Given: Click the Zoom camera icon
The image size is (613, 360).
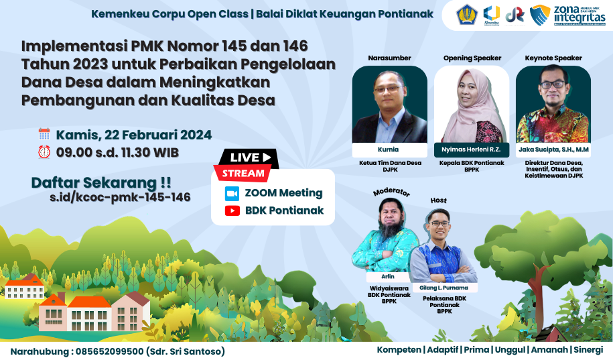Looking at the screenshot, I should click(x=232, y=193).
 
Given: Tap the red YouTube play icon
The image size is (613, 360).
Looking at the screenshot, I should click(x=232, y=211).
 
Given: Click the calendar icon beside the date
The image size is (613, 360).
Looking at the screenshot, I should click(x=44, y=133).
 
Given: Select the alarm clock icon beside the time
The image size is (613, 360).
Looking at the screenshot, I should click(x=44, y=152).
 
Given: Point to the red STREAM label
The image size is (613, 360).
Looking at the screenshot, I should click(x=242, y=173).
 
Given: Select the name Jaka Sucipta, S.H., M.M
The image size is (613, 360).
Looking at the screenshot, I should click(x=553, y=149).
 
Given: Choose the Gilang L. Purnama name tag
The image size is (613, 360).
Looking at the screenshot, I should click(x=444, y=288).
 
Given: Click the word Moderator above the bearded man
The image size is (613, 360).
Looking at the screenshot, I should click(x=391, y=192).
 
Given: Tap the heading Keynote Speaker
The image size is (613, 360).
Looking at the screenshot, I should click(x=553, y=58).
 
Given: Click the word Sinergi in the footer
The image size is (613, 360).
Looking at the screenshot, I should click(x=589, y=349).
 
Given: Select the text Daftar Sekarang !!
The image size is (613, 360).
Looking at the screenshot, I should click(x=101, y=182).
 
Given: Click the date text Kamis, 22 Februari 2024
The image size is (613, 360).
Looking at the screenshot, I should click(x=134, y=134).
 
